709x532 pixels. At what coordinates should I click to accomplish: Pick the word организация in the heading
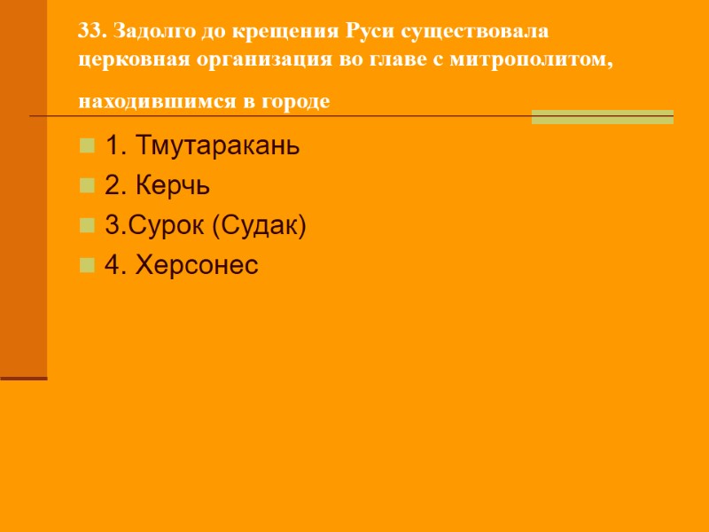tap(245, 60)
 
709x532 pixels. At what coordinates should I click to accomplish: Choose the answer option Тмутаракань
tap(202, 145)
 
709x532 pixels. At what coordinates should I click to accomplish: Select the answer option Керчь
tap(158, 185)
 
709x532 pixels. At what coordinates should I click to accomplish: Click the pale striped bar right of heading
tap(602, 116)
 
